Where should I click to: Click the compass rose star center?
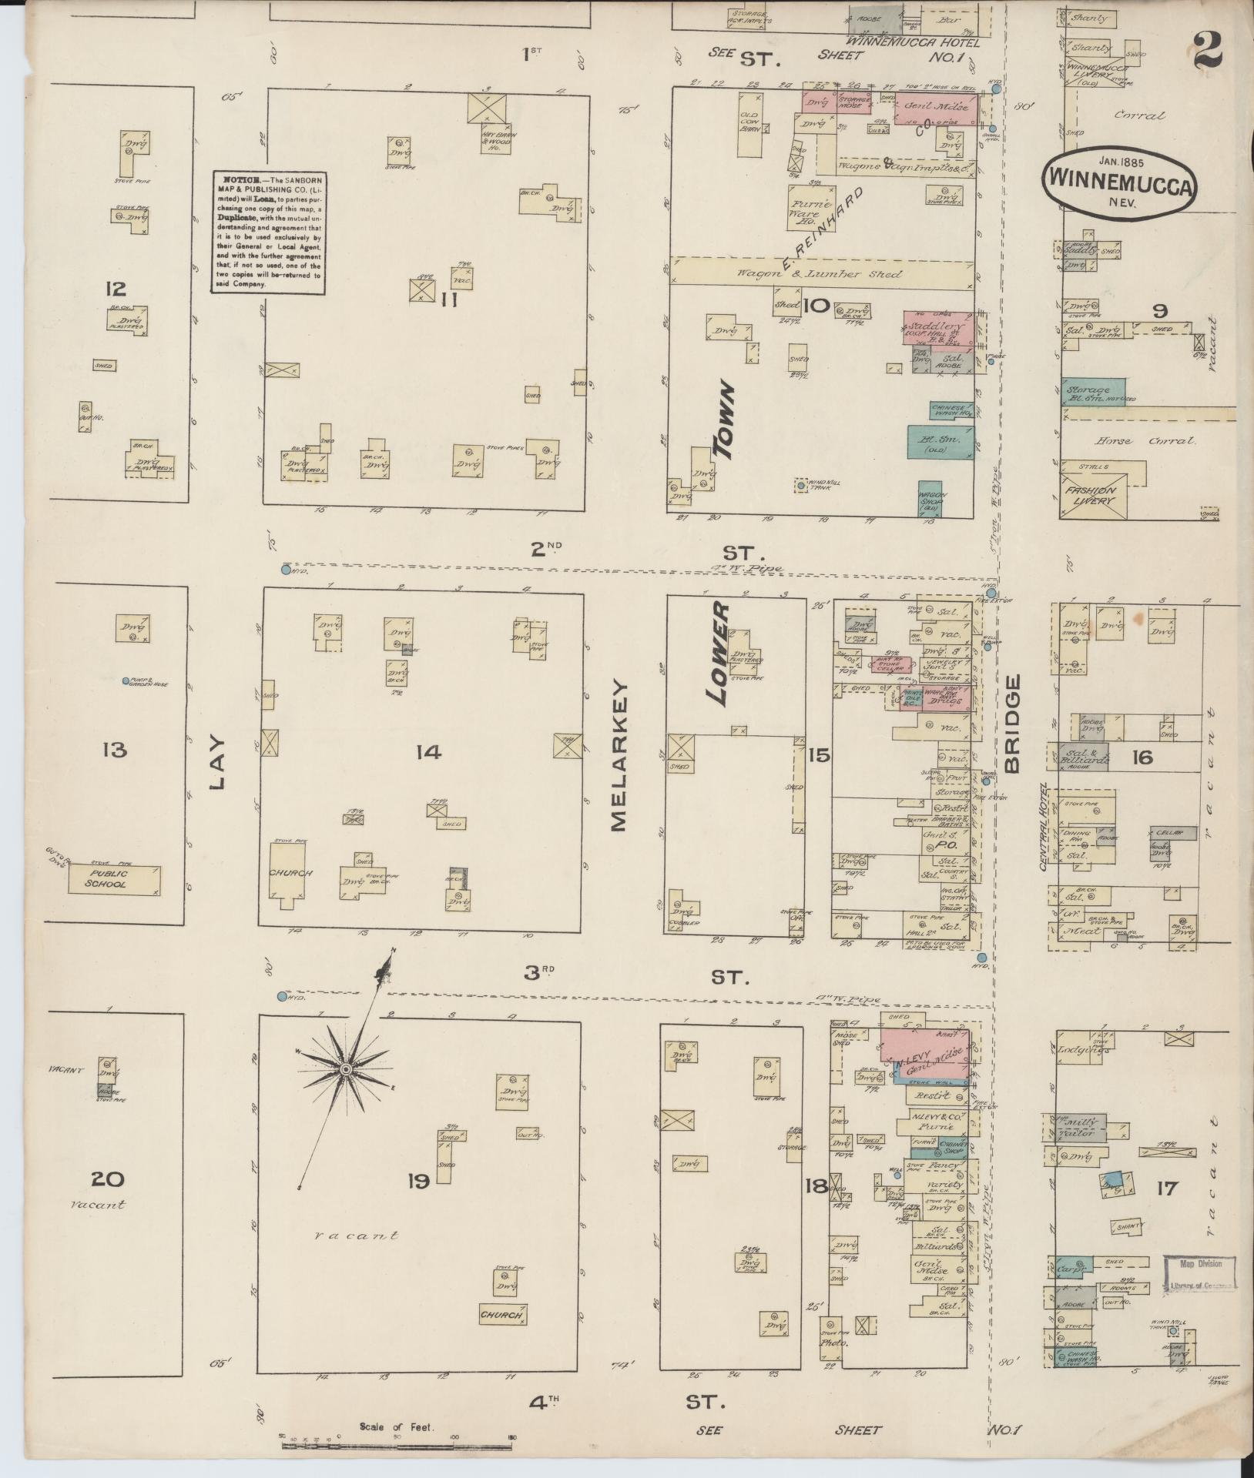pyautogui.click(x=346, y=1071)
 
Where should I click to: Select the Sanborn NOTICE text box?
pyautogui.click(x=268, y=232)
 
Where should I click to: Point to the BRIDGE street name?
pyautogui.click(x=1011, y=723)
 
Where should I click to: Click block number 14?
pyautogui.click(x=427, y=751)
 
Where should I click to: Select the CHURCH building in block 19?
pyautogui.click(x=501, y=1316)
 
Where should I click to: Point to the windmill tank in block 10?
pyautogui.click(x=801, y=485)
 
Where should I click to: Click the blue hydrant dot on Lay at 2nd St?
pyautogui.click(x=286, y=570)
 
